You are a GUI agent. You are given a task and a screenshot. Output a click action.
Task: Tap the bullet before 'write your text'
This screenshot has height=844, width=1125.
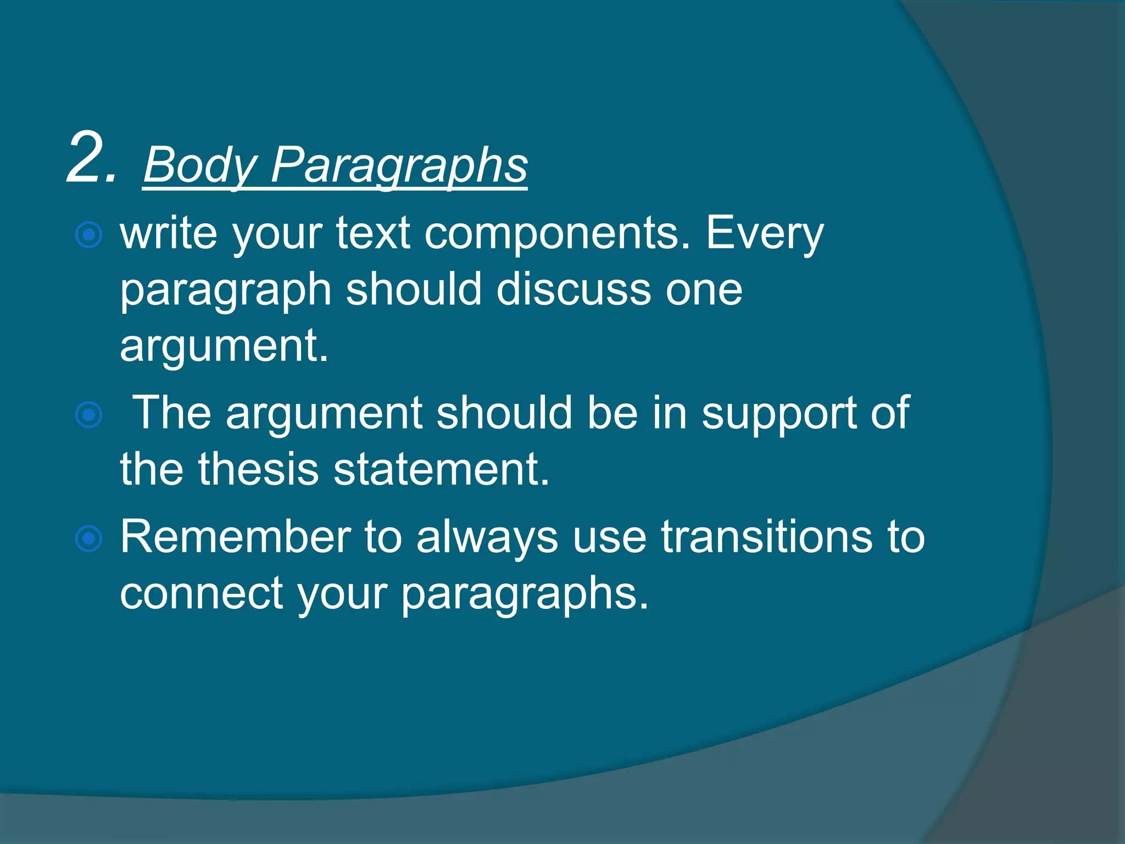pos(88,235)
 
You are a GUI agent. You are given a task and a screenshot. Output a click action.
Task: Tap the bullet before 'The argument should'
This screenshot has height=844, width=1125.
pos(88,415)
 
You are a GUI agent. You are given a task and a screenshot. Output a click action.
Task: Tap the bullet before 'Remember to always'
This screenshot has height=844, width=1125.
pos(88,538)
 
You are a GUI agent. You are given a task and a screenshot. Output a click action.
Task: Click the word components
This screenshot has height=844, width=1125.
pos(557,234)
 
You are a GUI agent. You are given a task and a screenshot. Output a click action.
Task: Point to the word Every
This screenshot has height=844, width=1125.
pos(765,234)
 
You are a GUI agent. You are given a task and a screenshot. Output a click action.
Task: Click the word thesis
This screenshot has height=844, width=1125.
pos(258,470)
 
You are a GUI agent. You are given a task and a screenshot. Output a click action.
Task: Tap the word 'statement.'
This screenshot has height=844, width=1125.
pos(441,470)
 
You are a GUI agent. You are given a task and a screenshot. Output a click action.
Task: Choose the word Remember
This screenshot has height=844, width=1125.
pos(236,537)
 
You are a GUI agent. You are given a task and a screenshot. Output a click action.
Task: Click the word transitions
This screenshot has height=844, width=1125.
pos(766,537)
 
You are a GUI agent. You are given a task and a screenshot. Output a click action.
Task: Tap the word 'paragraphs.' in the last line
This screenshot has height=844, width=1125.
pos(525,595)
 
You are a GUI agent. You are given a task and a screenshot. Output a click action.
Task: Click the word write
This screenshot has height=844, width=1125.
pos(169,234)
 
